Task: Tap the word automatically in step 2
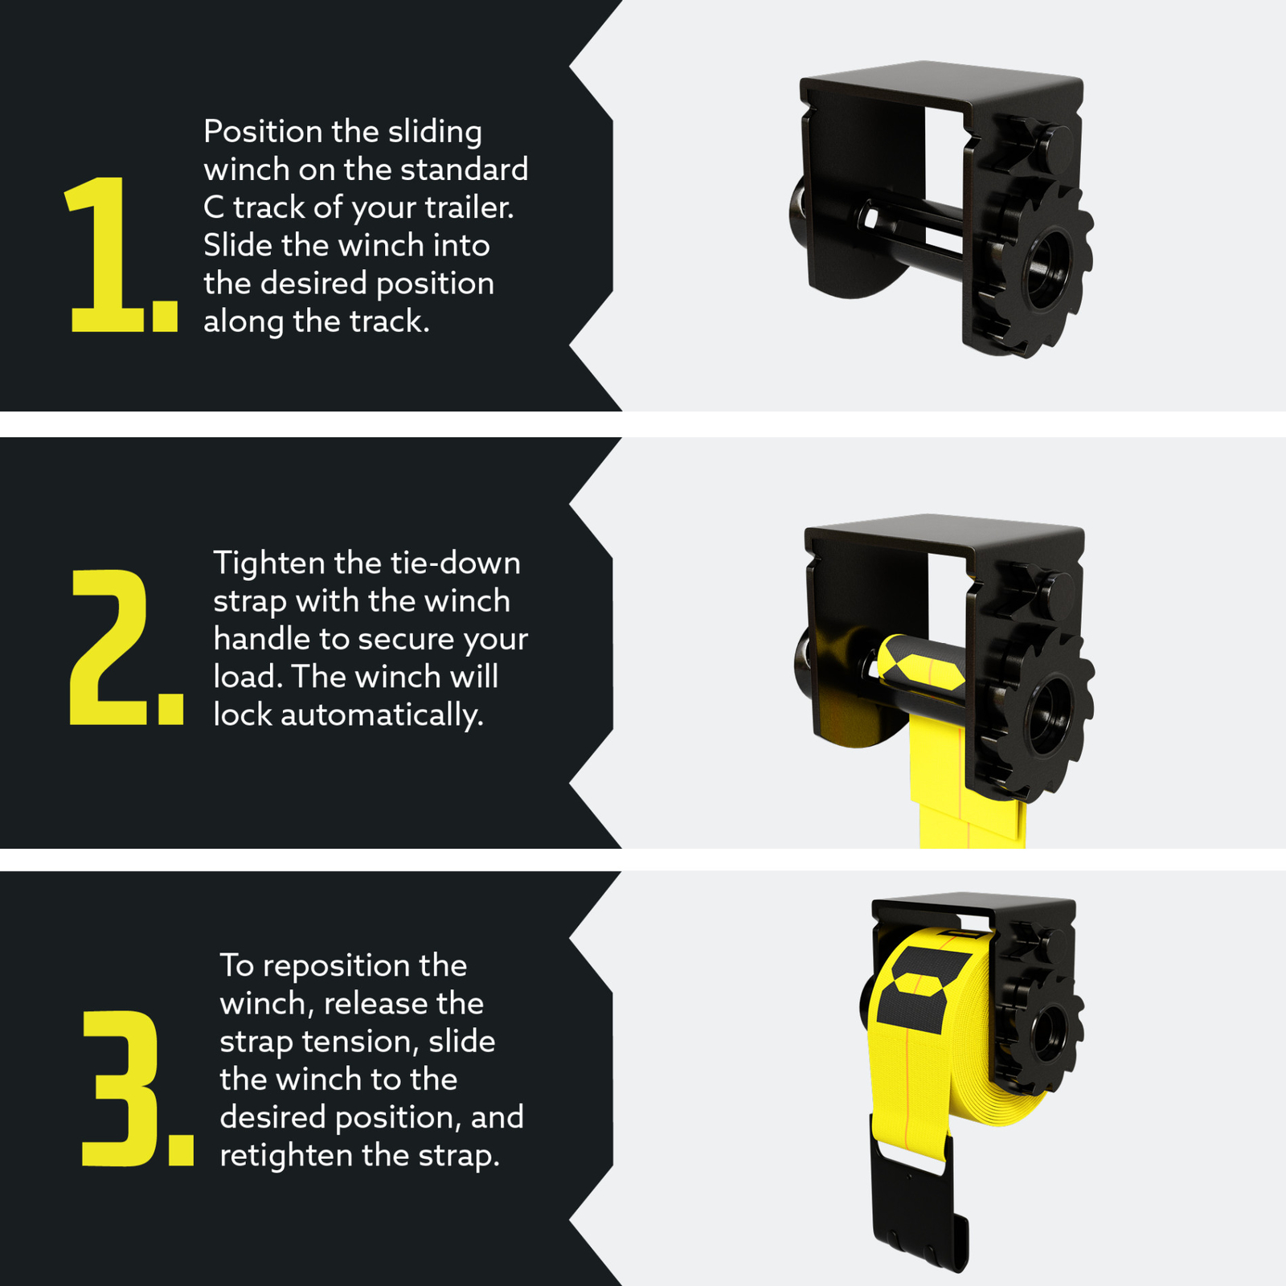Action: pos(382,715)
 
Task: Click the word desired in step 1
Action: pos(313,284)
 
